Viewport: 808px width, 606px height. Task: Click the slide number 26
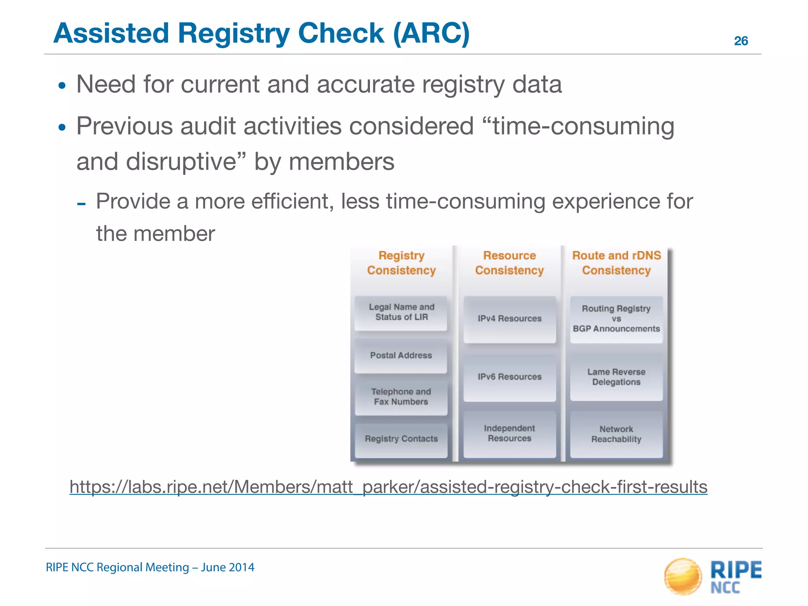(x=741, y=41)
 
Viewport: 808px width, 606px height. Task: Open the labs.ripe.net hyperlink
(x=388, y=487)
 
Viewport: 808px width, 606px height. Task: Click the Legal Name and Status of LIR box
(x=401, y=313)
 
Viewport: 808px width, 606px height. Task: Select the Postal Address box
(x=401, y=356)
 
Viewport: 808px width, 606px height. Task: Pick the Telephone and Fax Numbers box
(x=401, y=397)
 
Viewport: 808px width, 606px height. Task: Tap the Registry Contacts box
(x=401, y=439)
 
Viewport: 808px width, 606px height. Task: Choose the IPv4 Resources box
(x=509, y=319)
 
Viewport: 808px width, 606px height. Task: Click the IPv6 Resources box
(x=509, y=377)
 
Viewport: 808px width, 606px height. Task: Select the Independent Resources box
(x=509, y=434)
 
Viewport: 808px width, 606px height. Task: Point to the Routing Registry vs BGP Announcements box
(x=616, y=319)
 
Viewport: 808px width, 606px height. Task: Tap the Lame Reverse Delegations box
(x=616, y=377)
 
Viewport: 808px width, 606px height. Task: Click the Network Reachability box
(x=616, y=434)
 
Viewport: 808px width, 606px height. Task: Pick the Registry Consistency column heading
(x=401, y=263)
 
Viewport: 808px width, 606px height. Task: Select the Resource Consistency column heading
(x=509, y=263)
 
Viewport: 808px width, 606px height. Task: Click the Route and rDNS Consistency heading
(x=616, y=263)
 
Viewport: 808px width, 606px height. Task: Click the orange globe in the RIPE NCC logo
(x=683, y=576)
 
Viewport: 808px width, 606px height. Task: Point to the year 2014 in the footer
(x=241, y=567)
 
